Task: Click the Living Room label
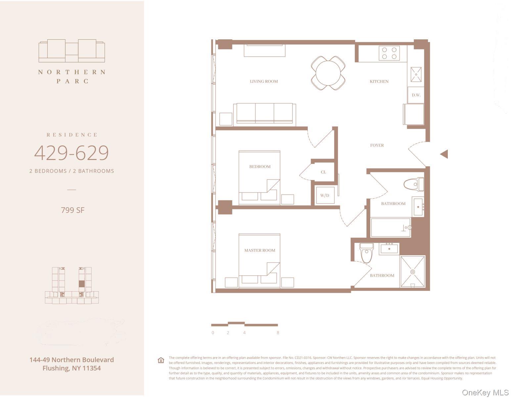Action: [264, 81]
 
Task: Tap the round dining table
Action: [328, 73]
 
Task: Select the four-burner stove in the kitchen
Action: [389, 53]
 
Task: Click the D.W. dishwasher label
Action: [416, 95]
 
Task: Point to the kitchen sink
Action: [416, 74]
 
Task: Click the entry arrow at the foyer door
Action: [444, 154]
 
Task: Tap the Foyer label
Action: [377, 145]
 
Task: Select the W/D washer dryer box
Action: [325, 195]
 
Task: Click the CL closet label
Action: [323, 172]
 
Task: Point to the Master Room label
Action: [260, 251]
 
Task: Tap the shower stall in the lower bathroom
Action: [412, 272]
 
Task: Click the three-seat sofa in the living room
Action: [264, 114]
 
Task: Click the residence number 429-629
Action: [71, 153]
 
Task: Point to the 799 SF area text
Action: [73, 210]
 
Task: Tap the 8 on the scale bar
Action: [278, 333]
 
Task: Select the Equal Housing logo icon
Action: [161, 360]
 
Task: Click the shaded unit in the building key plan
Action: [82, 284]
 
